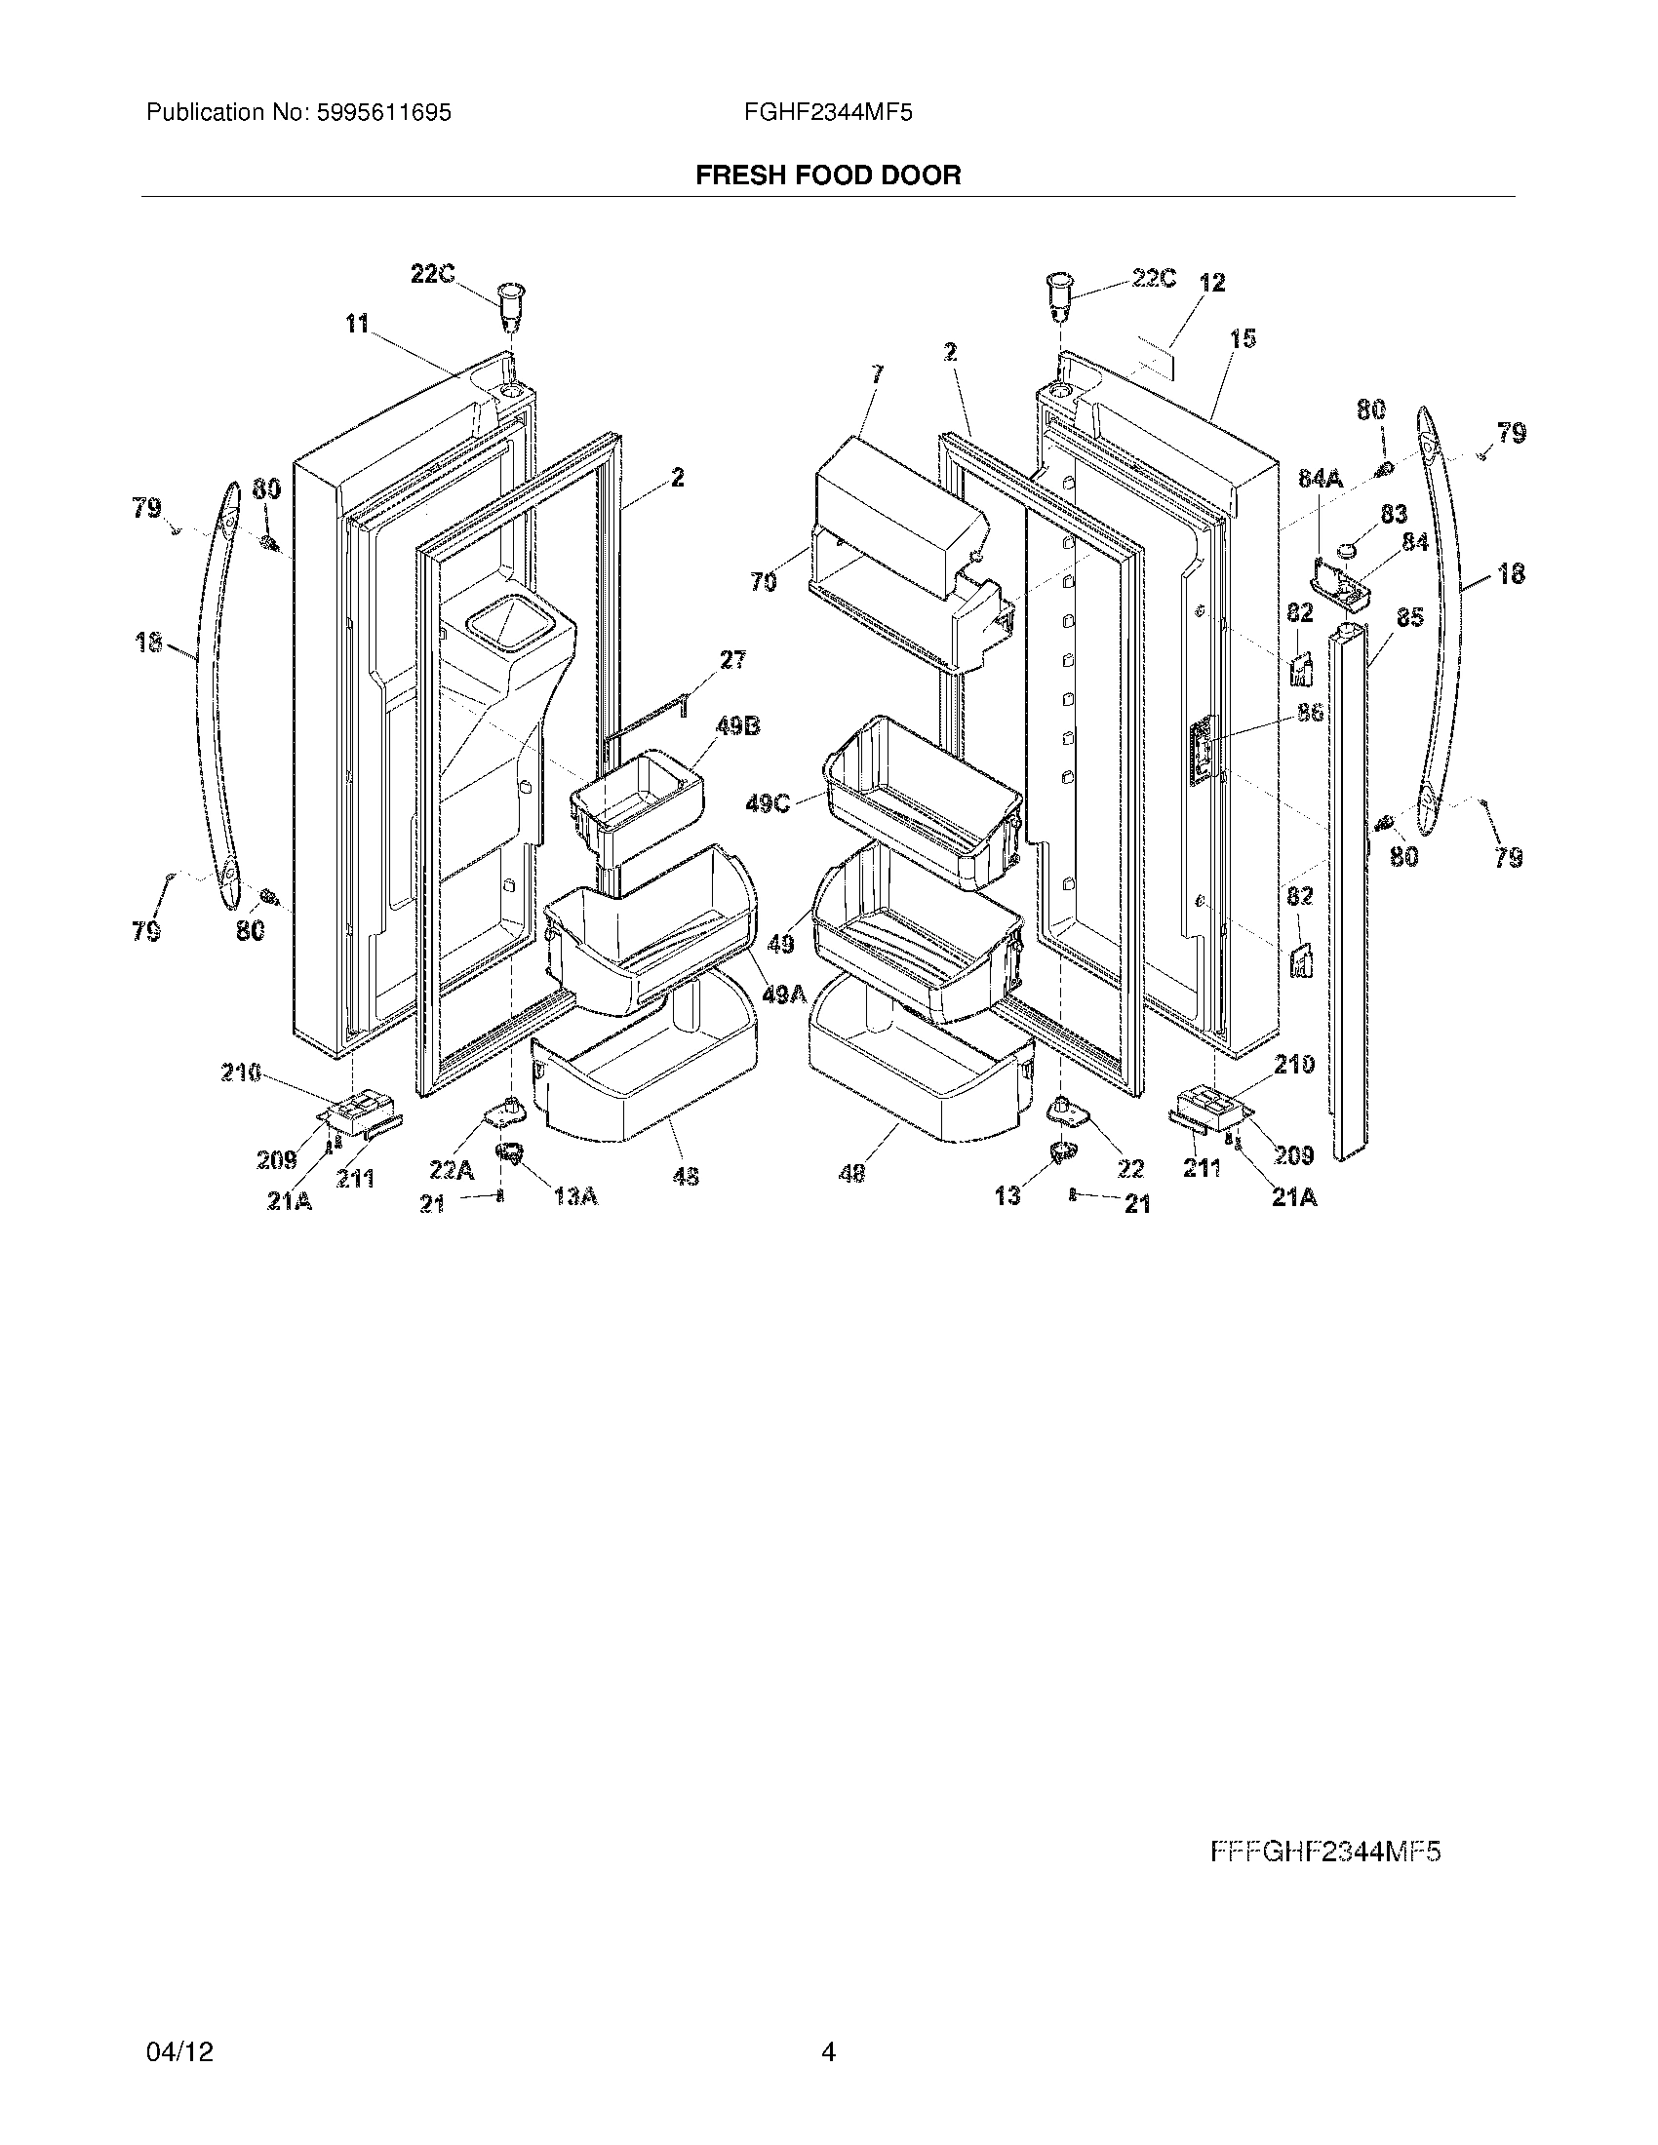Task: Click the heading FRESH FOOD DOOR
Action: [828, 175]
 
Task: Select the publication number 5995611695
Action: [383, 113]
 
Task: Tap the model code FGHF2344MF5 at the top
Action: [828, 113]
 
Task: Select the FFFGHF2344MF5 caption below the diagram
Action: [1325, 1852]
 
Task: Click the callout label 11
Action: [356, 323]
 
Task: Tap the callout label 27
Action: [732, 659]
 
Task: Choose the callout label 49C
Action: [769, 803]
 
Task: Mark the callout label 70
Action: [764, 582]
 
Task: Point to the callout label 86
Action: [1310, 712]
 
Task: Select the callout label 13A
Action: [575, 1195]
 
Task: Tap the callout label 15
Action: [1243, 339]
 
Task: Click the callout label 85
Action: [1409, 618]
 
